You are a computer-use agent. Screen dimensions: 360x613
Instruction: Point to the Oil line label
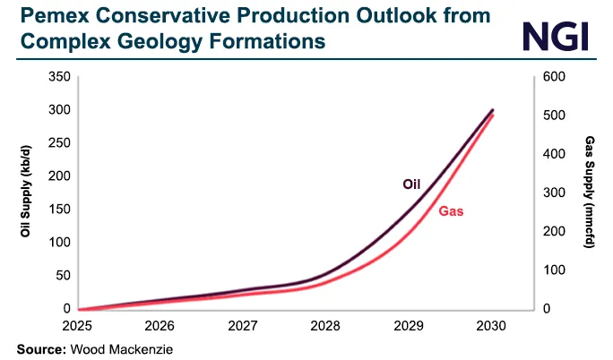point(411,184)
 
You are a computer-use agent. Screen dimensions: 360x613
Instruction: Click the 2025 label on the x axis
point(78,324)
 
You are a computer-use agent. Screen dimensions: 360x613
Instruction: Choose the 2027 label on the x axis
point(243,324)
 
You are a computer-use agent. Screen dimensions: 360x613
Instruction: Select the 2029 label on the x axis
point(409,324)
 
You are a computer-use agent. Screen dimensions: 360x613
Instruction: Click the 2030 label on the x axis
point(491,324)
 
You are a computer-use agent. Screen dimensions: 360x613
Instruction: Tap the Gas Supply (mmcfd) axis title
point(589,193)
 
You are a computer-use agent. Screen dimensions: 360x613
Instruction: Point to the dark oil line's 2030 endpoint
point(492,110)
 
